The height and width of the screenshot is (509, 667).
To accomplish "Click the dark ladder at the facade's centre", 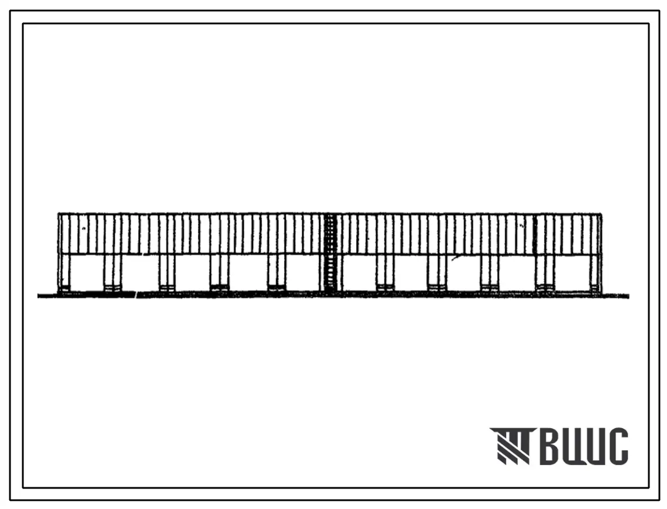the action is point(330,253).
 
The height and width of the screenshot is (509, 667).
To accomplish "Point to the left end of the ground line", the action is point(38,296).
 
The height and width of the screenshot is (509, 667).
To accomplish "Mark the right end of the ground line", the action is point(629,296).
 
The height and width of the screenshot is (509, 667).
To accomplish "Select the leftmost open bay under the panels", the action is point(86,272).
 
